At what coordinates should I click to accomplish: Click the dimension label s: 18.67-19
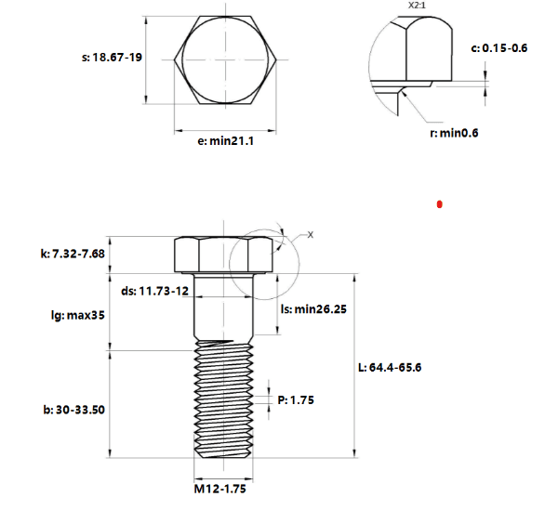point(112,58)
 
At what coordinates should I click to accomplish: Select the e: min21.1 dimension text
point(226,141)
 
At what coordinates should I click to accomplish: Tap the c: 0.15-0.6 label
point(499,48)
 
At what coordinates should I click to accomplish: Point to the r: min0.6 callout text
point(454,133)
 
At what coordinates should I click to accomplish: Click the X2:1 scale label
point(417,6)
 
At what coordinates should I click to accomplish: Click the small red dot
point(439,204)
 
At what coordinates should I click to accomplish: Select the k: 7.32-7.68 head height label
point(73,254)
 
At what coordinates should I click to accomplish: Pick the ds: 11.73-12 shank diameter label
point(154,291)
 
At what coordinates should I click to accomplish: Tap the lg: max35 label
point(78,315)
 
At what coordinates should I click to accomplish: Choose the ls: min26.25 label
point(313,309)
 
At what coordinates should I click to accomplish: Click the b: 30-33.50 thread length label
point(74,410)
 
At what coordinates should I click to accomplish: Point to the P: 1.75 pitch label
point(296,400)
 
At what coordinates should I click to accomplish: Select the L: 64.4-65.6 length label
point(390,367)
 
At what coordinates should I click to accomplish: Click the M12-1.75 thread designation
point(220,489)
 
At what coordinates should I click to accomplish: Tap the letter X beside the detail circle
point(311,235)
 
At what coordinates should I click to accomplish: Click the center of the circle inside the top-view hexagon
point(226,59)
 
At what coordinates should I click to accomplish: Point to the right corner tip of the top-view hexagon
point(276,59)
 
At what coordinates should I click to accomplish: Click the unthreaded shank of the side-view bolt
point(223,307)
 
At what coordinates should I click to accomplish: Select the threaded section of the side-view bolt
point(223,399)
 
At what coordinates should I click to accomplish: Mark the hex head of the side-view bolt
point(223,255)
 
